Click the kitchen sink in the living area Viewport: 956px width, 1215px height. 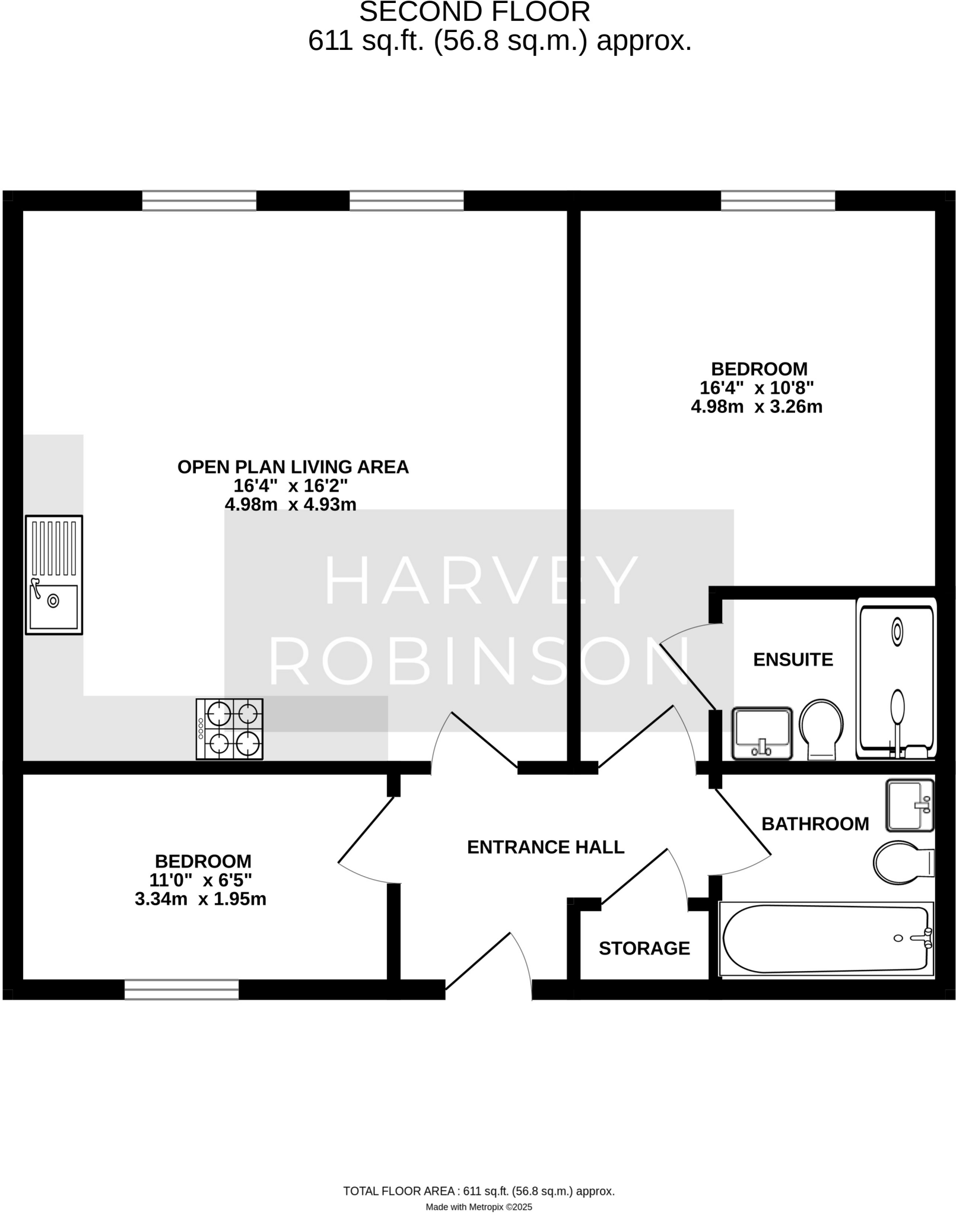pyautogui.click(x=53, y=574)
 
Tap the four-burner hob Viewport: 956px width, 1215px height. pyautogui.click(x=229, y=729)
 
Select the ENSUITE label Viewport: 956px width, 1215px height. pyautogui.click(x=792, y=660)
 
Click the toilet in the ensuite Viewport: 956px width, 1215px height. pyautogui.click(x=821, y=729)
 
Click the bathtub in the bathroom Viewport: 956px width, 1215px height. pyautogui.click(x=825, y=939)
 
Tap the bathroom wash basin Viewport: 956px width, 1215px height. pyautogui.click(x=909, y=805)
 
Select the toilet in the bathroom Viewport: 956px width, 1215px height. pyautogui.click(x=902, y=863)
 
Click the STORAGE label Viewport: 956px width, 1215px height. pyautogui.click(x=644, y=949)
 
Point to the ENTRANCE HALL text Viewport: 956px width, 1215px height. pyautogui.click(x=545, y=847)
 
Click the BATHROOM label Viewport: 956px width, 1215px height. pyautogui.click(x=815, y=824)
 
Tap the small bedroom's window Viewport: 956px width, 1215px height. pyautogui.click(x=182, y=989)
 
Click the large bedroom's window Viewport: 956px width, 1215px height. pyautogui.click(x=777, y=201)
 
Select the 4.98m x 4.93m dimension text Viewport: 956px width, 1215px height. pyautogui.click(x=290, y=505)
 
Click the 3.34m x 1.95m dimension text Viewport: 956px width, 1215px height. pyautogui.click(x=200, y=899)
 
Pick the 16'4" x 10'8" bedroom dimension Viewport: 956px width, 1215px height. pyautogui.click(x=756, y=388)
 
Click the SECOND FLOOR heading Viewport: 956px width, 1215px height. pyautogui.click(x=475, y=12)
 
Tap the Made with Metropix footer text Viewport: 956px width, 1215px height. pyautogui.click(x=478, y=1207)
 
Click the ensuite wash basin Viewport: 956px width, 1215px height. pyautogui.click(x=762, y=733)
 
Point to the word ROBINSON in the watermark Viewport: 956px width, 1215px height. pyautogui.click(x=479, y=660)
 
